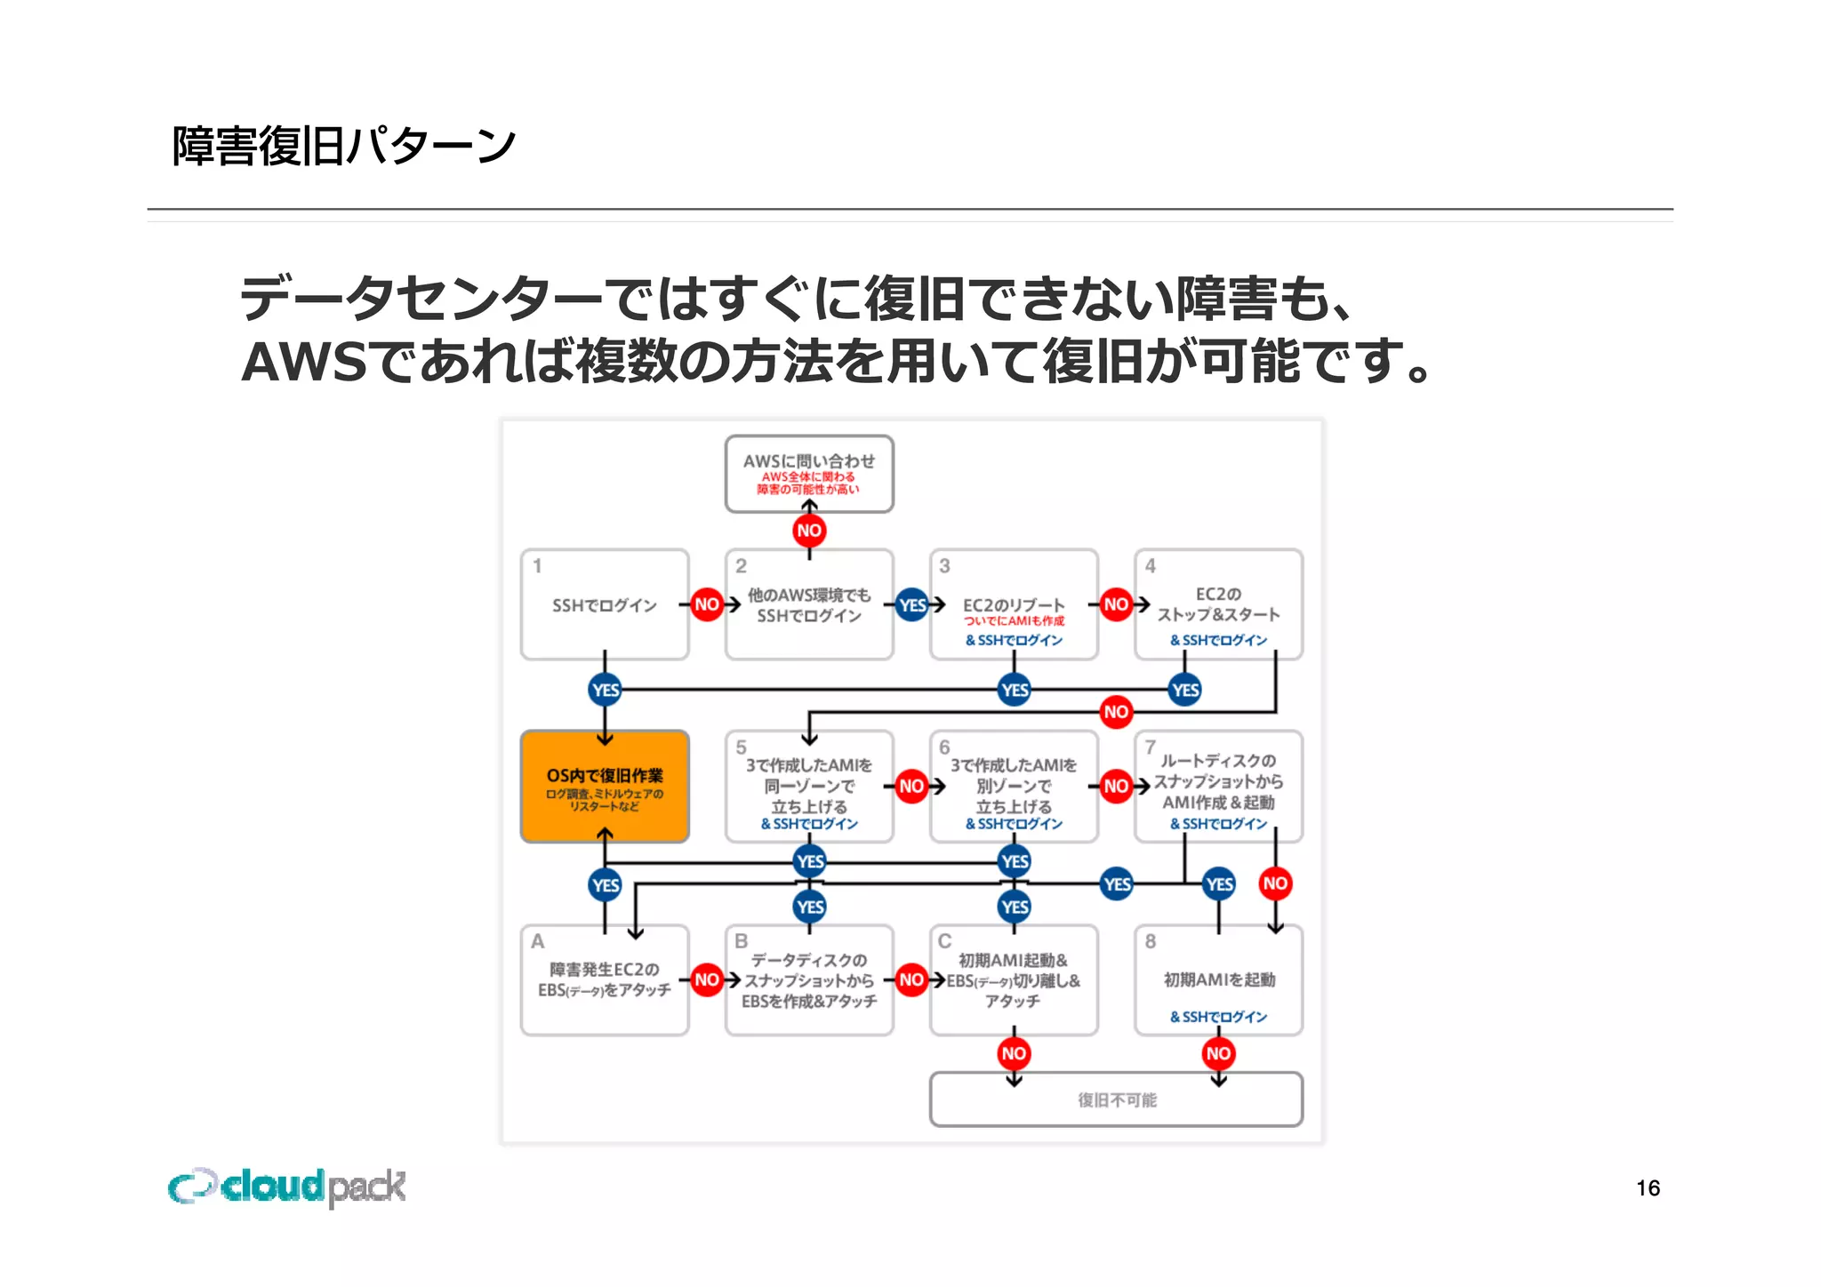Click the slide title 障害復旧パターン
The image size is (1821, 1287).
tap(343, 146)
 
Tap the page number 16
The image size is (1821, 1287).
tap(1647, 1187)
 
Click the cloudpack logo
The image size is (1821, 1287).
tap(286, 1187)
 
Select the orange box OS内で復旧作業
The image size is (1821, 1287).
tap(605, 787)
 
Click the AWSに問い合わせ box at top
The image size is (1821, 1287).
tap(809, 473)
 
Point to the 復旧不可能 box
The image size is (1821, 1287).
tap(1116, 1099)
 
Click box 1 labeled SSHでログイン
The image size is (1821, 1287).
tap(605, 604)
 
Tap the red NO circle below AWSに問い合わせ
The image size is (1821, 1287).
tap(809, 531)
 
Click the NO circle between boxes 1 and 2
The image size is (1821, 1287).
tap(707, 604)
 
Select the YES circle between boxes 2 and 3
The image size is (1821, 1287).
tap(912, 605)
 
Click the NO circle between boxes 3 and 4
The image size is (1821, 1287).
tap(1116, 604)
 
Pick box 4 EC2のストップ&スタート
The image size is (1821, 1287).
tap(1218, 604)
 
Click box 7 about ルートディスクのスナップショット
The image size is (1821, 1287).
tap(1218, 787)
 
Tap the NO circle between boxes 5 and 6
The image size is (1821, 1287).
tap(911, 786)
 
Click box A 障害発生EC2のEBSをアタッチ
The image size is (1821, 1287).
tap(605, 979)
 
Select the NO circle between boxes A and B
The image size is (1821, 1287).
tap(707, 979)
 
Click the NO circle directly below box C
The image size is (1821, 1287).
tap(1014, 1053)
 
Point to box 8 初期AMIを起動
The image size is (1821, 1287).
tap(1218, 979)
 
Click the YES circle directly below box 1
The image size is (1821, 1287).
tap(606, 690)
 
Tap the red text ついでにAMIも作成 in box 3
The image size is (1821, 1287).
tap(1014, 621)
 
